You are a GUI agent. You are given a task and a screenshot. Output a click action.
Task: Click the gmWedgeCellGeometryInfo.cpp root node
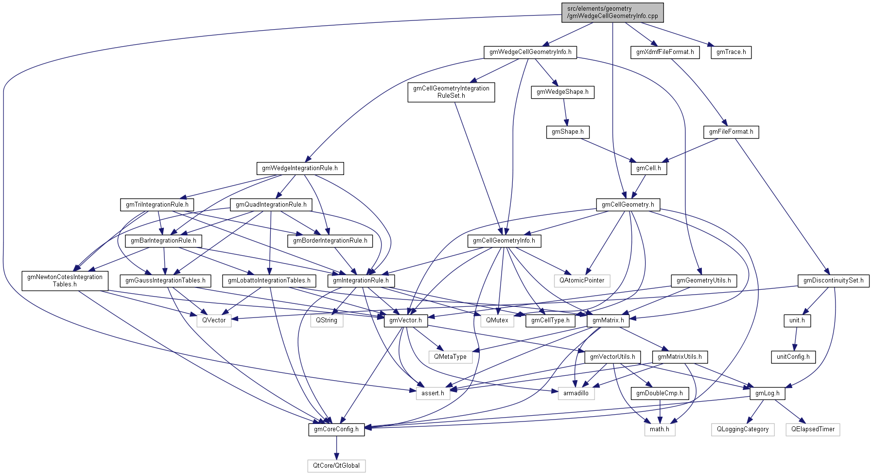tap(612, 12)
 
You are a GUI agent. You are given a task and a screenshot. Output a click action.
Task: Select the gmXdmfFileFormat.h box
tap(665, 52)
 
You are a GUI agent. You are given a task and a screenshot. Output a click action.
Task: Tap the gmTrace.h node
tap(731, 52)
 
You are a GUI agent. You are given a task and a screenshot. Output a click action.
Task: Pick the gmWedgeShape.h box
tap(562, 92)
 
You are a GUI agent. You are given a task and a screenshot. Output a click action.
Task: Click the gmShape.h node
tap(567, 132)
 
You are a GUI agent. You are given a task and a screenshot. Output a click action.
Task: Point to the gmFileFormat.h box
tap(731, 132)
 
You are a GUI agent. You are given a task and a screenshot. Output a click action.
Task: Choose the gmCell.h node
tap(648, 168)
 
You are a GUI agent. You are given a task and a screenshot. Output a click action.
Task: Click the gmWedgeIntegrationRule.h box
tap(299, 168)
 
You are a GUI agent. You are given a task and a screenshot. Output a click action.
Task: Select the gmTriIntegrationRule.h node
tap(157, 205)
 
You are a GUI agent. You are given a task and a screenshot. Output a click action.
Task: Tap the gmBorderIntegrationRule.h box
tap(330, 241)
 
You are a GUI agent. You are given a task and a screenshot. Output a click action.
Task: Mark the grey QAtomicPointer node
tap(582, 281)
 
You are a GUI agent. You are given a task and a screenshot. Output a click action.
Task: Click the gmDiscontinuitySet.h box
tap(833, 281)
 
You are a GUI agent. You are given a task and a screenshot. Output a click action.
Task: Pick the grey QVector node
tap(214, 320)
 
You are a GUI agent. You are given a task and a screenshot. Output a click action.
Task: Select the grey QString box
tap(327, 320)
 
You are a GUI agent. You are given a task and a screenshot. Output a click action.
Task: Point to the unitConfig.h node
tap(793, 357)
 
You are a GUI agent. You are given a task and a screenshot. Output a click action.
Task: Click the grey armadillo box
tap(576, 393)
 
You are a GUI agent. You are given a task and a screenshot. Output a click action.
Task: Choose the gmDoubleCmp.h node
tap(659, 393)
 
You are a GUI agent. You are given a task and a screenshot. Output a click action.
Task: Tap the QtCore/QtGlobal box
tap(336, 466)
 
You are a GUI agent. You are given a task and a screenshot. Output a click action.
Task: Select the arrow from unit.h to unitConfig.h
tap(795, 339)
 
